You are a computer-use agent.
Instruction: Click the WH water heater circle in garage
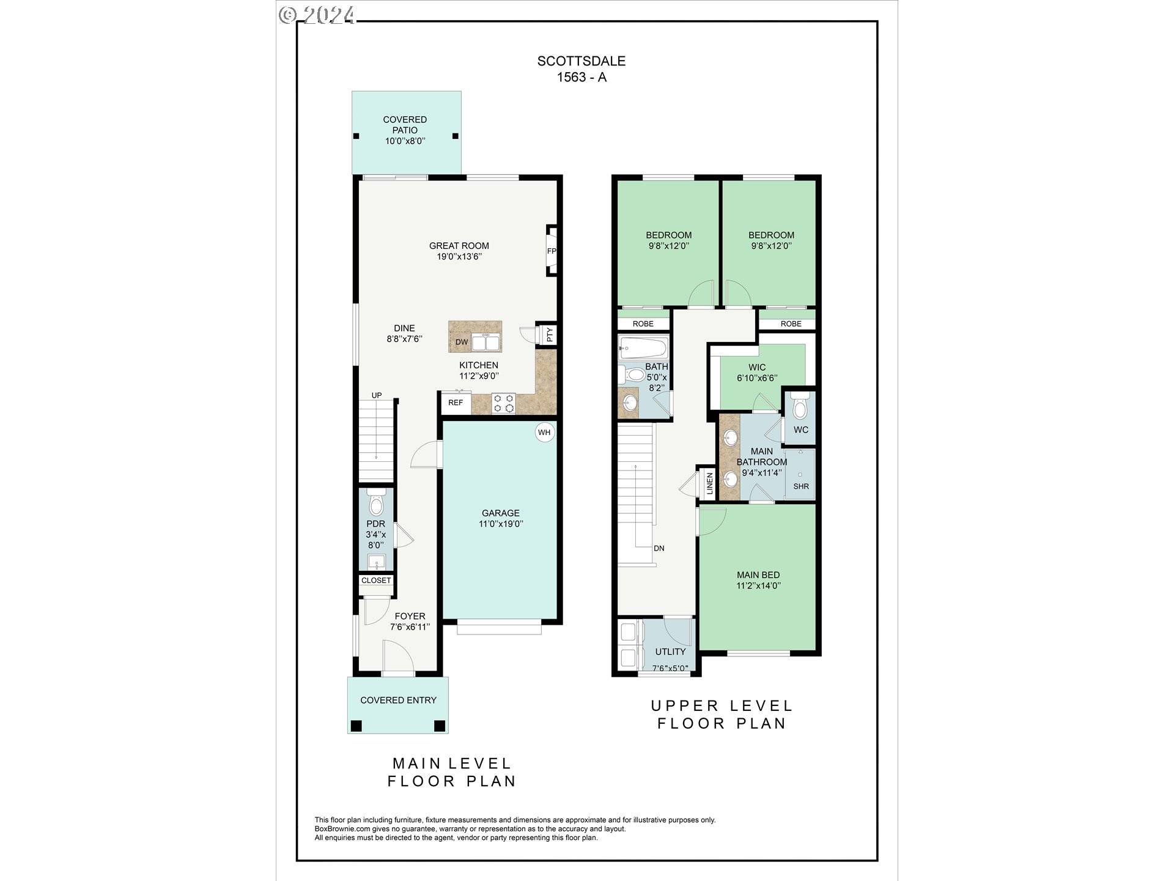point(544,433)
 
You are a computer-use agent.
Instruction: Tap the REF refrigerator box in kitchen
point(456,403)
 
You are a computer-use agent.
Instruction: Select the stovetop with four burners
point(504,403)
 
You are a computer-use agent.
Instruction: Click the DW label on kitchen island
point(462,342)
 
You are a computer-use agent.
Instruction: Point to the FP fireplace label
point(552,251)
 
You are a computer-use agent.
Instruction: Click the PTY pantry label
point(549,335)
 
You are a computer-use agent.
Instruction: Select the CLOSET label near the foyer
point(376,581)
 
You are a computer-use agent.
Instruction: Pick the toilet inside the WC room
point(800,407)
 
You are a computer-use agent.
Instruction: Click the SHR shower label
point(801,486)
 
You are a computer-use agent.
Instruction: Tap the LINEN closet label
point(710,483)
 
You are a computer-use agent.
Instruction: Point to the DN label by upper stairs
point(659,549)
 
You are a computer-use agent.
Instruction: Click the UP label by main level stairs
point(377,395)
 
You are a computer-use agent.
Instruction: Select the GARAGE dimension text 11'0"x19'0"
point(501,524)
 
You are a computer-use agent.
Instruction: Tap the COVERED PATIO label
point(405,125)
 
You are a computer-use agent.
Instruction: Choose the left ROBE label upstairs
point(643,324)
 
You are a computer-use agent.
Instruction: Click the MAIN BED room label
point(758,575)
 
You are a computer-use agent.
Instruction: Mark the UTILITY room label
point(670,652)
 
